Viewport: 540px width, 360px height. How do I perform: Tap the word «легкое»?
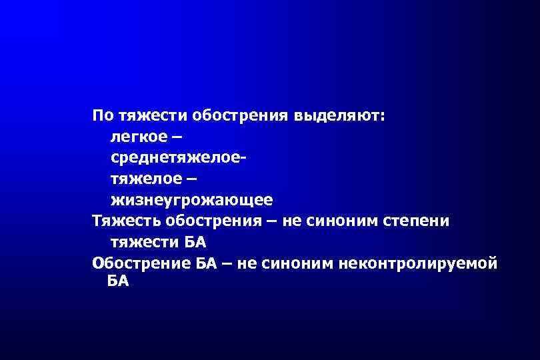(137, 137)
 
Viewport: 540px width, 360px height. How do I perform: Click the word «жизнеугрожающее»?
(191, 200)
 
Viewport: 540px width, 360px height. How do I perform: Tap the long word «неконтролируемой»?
(418, 262)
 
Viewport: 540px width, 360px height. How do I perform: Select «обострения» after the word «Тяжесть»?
(216, 221)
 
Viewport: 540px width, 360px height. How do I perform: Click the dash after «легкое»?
(175, 137)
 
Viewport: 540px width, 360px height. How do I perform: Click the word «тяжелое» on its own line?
(145, 179)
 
